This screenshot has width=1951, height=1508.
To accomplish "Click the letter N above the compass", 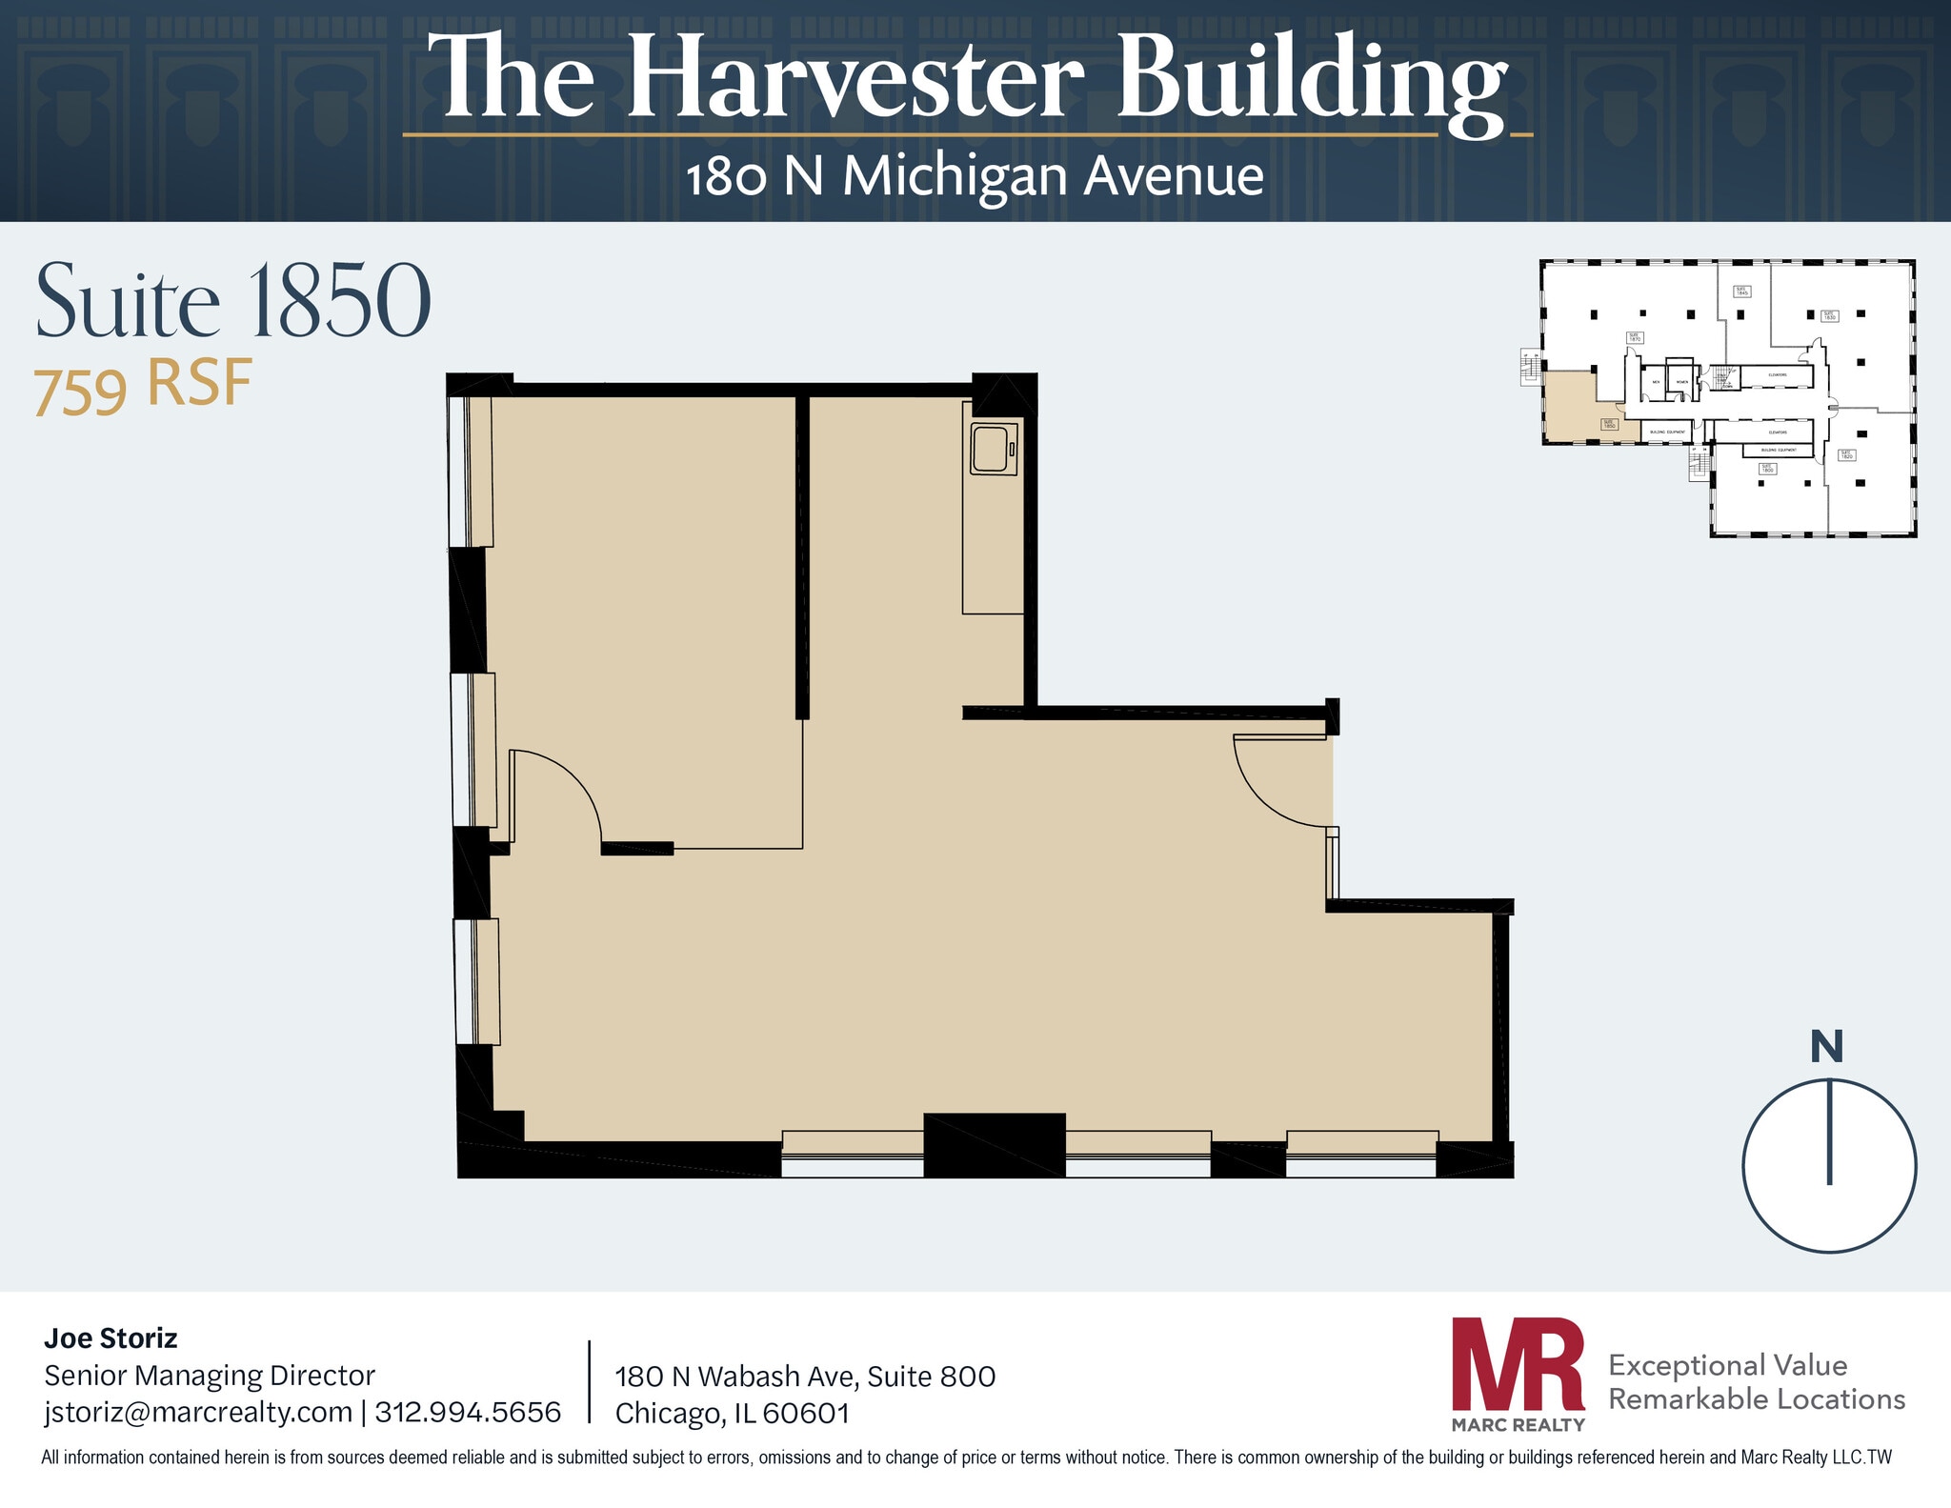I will [x=1826, y=1047].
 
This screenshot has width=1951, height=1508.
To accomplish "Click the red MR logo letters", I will [x=1518, y=1365].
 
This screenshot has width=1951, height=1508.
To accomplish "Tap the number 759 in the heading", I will [x=80, y=391].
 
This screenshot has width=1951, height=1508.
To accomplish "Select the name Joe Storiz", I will [x=111, y=1338].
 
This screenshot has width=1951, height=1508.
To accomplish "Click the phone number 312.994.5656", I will [x=468, y=1412].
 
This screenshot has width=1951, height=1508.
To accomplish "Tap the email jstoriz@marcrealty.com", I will [x=198, y=1412].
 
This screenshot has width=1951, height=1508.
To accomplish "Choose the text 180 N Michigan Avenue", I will [x=975, y=177].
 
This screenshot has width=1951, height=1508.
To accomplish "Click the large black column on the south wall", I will [x=994, y=1145].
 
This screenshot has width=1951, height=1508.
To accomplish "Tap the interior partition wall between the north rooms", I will [x=802, y=557].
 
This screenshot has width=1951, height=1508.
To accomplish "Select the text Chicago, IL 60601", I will [x=732, y=1413].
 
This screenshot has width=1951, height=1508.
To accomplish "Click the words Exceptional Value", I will [x=1727, y=1365].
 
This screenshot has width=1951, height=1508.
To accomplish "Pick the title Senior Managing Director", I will [x=210, y=1376].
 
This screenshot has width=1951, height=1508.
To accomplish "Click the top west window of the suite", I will [x=470, y=471].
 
